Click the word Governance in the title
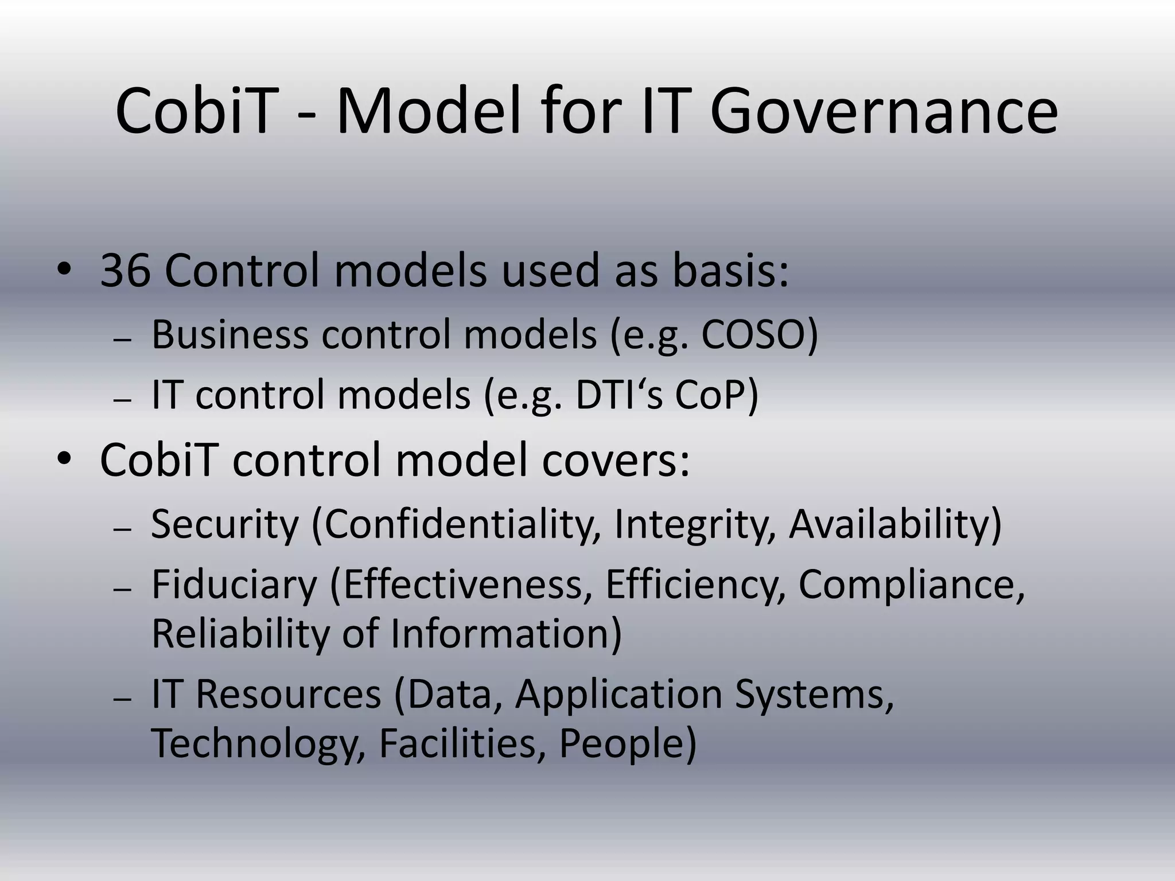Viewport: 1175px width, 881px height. (884, 112)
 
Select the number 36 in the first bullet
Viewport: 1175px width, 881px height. (126, 271)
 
